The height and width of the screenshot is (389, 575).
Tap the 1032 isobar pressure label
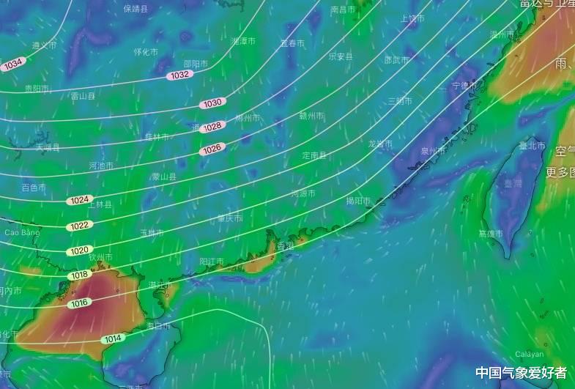coord(179,75)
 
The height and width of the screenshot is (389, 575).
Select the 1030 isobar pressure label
coord(212,103)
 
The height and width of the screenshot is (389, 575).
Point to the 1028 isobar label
coord(212,127)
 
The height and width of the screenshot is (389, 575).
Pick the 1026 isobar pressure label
coord(212,149)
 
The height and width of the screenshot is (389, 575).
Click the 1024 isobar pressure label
coord(79,200)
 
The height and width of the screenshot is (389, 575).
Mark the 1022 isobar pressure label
coord(80,225)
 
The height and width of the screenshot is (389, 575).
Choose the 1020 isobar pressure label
coord(80,251)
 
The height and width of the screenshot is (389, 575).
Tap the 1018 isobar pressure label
coord(79,275)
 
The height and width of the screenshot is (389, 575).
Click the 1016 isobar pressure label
coord(79,303)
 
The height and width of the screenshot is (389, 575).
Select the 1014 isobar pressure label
coord(112,338)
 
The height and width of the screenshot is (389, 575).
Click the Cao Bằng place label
coord(21,232)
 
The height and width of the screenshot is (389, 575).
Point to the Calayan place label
coord(530,354)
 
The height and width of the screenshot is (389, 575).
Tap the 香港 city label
coord(285,246)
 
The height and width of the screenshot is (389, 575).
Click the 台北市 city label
coord(533,146)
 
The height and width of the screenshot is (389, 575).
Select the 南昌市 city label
coord(343,10)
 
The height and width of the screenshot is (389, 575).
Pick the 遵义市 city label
coord(44,45)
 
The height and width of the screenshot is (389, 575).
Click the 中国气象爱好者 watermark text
coord(521,373)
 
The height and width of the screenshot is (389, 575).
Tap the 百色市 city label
coord(34,188)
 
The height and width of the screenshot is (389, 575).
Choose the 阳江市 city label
coord(212,262)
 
